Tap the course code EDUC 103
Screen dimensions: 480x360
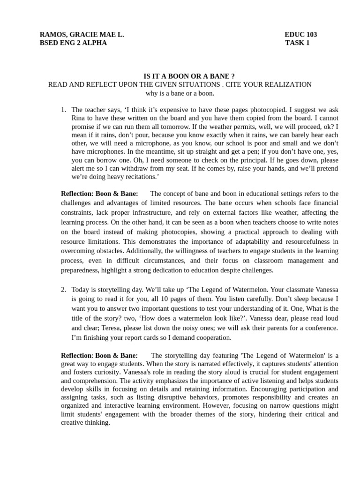tap(300, 34)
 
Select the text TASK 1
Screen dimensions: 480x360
tap(297, 43)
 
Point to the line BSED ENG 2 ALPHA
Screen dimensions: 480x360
tap(73, 43)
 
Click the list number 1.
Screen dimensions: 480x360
tap(63, 110)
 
